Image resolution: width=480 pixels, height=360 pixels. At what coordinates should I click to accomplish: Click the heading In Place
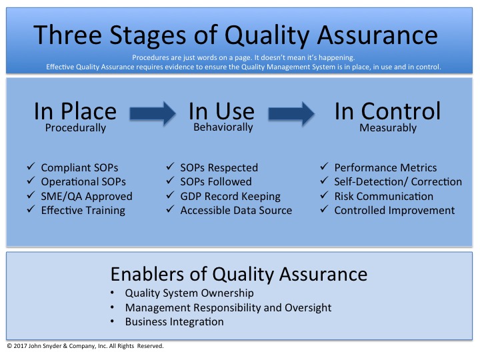[75, 111]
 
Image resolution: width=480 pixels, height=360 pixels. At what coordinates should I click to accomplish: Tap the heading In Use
[221, 111]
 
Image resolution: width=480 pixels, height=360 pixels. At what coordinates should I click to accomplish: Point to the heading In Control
[387, 111]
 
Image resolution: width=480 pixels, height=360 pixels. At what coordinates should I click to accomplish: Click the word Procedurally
[75, 128]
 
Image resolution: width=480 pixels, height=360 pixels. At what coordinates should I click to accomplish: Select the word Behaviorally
[221, 127]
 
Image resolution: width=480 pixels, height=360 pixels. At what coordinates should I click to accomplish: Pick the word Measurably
[387, 127]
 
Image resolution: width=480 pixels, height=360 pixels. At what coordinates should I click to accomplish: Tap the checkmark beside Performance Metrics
[323, 168]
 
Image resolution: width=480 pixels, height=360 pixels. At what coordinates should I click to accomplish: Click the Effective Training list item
[83, 211]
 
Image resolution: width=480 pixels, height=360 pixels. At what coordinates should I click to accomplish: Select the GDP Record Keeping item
[230, 196]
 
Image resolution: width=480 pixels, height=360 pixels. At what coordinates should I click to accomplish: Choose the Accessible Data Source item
[236, 211]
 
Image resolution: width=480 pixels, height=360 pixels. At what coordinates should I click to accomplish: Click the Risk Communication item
[383, 196]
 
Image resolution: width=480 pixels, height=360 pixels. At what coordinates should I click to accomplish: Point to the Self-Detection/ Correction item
[398, 182]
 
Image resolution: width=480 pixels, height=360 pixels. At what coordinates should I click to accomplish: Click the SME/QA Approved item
[87, 196]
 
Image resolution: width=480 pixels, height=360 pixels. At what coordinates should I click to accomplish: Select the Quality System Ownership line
[189, 293]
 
